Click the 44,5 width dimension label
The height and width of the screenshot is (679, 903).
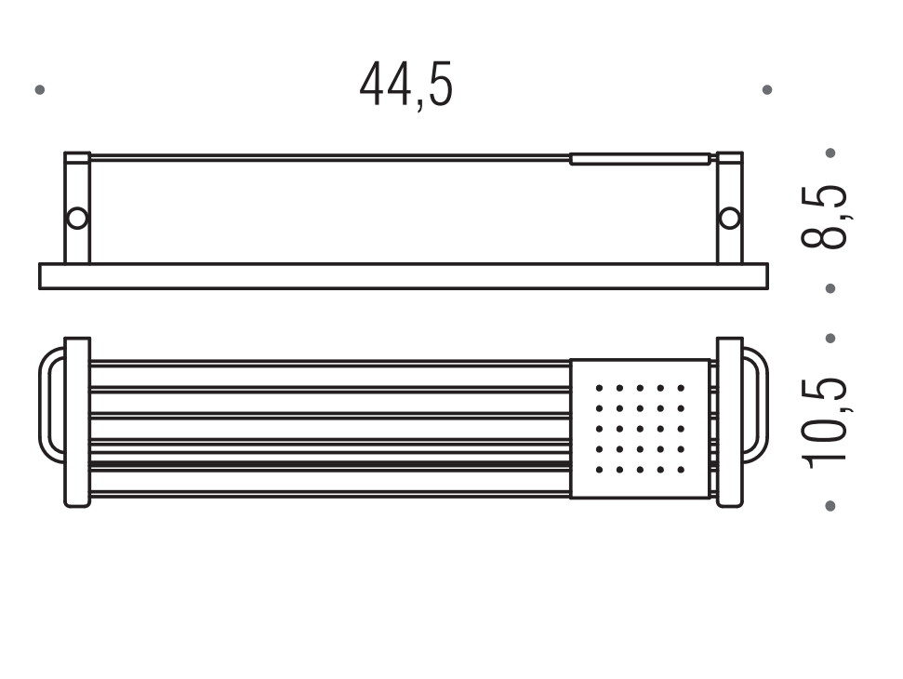pos(406,86)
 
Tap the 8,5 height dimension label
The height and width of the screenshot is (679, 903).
pos(825,216)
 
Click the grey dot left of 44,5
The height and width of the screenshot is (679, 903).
pos(40,90)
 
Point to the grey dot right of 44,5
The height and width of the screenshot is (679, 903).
pos(767,90)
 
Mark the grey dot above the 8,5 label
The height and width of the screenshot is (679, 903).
pos(830,153)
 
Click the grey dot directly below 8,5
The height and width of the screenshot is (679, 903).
pos(830,288)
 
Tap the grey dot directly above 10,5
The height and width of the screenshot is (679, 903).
pos(830,339)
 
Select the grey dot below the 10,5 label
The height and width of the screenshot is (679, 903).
pos(830,506)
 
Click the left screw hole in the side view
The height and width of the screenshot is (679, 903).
pos(77,219)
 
